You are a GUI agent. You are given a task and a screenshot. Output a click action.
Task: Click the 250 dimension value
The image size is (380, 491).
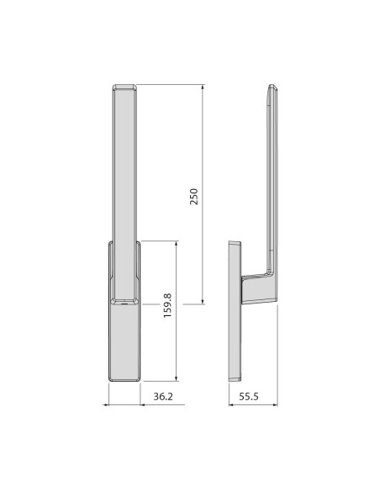tap(193, 196)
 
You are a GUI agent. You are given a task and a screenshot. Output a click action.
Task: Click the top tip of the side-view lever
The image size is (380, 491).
tap(272, 87)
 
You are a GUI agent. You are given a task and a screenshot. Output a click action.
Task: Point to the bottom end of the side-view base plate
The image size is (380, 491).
tap(235, 377)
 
